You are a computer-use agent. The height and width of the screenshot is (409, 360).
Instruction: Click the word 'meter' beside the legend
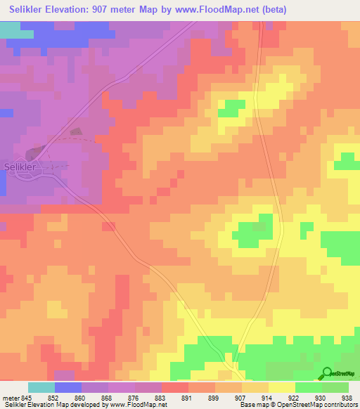point(11,397)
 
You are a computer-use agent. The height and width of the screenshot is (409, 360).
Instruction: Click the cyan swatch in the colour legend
point(41,387)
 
